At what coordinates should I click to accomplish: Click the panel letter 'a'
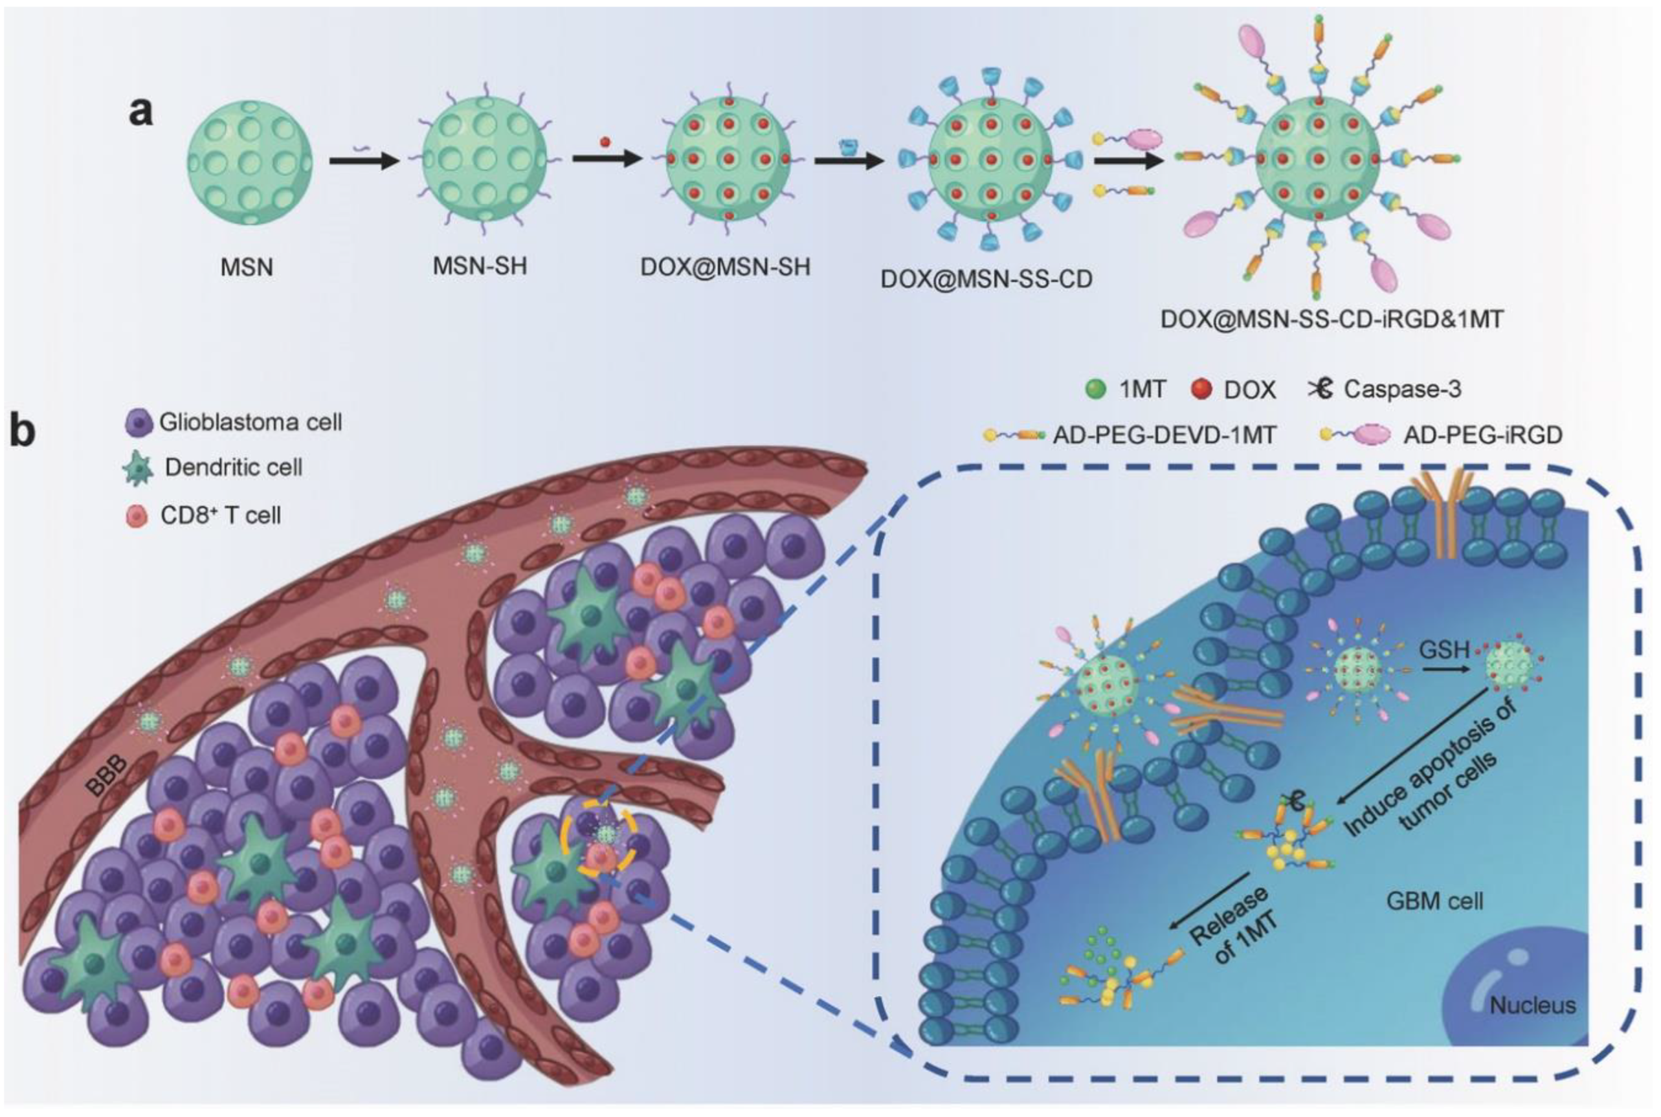(x=140, y=111)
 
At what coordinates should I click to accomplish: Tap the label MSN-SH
(x=480, y=266)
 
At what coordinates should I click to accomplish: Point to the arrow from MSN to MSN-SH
(x=364, y=161)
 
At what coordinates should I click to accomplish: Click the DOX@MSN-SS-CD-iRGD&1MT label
(x=1332, y=318)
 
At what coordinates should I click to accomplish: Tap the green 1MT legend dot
(x=1095, y=390)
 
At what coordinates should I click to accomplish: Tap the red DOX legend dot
(x=1201, y=390)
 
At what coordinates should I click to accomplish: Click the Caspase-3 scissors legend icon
(x=1321, y=388)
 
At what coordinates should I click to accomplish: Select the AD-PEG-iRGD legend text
(x=1482, y=434)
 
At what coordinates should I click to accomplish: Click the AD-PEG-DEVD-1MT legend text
(x=1165, y=434)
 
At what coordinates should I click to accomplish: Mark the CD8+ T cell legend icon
(x=136, y=516)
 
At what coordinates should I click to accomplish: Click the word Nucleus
(x=1532, y=1005)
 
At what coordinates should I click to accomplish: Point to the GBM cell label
(x=1434, y=900)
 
